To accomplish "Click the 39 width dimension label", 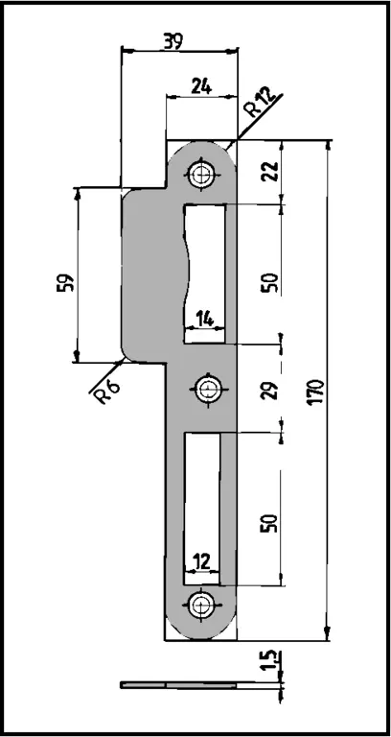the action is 172,41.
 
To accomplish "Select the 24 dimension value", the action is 201,86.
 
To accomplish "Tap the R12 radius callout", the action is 260,103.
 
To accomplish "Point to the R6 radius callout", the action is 106,390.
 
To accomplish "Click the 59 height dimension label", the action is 66,283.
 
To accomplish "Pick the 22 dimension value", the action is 271,172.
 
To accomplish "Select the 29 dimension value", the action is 270,389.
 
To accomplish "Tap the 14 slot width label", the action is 204,320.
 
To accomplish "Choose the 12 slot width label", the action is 201,561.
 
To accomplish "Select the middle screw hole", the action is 207,389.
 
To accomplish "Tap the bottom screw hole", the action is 202,604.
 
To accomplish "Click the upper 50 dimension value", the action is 270,282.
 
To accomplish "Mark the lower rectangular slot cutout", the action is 202,509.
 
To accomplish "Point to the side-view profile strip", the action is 179,685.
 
